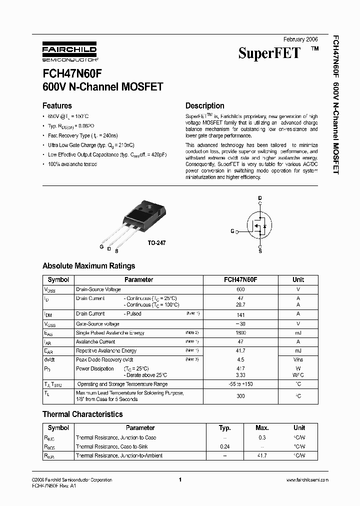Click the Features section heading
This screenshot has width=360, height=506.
[57, 106]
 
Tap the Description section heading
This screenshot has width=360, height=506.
[204, 106]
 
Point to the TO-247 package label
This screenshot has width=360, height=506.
[156, 242]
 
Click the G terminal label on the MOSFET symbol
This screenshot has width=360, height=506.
[232, 231]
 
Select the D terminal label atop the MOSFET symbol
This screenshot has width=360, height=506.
[259, 198]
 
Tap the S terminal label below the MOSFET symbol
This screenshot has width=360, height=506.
[259, 251]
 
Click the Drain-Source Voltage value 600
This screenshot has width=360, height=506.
[240, 289]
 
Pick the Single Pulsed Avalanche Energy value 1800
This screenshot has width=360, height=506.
[240, 333]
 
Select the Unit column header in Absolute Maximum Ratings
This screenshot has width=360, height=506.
[298, 280]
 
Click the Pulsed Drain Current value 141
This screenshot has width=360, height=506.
[240, 314]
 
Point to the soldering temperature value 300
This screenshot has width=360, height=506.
[240, 396]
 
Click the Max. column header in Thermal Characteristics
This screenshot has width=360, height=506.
[262, 428]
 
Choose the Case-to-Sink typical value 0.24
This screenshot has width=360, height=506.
[225, 446]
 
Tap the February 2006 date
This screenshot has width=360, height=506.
[300, 39]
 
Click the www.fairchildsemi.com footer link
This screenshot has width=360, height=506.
[307, 480]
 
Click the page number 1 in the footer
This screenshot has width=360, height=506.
[179, 480]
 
